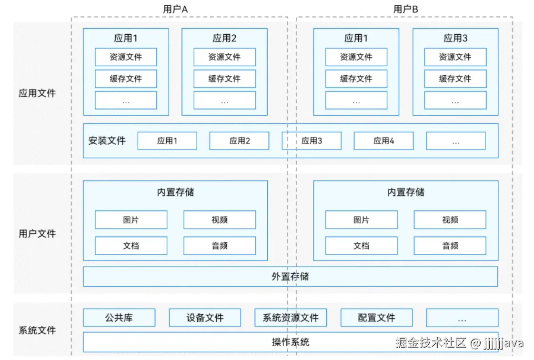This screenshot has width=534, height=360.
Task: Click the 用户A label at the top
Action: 175,9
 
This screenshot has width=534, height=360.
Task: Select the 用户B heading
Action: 405,9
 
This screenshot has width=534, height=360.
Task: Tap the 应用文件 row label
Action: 37,93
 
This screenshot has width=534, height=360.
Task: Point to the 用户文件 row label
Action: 37,233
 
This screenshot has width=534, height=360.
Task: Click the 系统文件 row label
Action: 37,330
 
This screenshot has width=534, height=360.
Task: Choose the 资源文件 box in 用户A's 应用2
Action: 224,57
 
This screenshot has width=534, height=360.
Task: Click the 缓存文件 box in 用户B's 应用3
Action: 455,79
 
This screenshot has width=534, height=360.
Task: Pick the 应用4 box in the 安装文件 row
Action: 383,141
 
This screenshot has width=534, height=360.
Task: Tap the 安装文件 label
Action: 107,141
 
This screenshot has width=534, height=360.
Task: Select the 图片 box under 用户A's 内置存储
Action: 131,220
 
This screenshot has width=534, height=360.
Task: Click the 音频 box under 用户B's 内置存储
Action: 450,246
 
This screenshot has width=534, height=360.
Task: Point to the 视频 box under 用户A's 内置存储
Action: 220,220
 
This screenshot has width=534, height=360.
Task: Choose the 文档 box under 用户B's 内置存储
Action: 361,246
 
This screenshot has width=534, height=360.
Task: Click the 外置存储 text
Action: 290,277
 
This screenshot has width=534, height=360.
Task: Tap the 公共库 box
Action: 119,318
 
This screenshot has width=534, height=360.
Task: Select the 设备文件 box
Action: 205,318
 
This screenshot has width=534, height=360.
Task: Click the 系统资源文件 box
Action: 291,318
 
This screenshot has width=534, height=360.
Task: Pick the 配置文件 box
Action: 376,318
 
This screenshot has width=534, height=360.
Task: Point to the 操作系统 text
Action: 290,342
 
